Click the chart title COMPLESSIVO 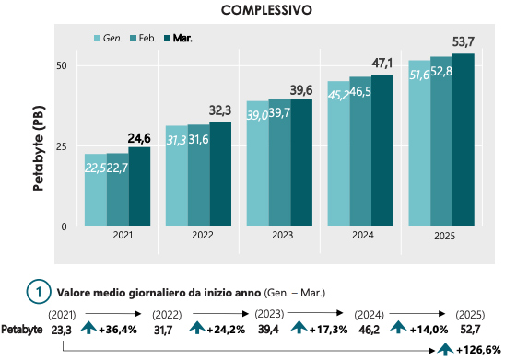pos(265,10)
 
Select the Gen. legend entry pos(112,39)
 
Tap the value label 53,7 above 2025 pos(464,42)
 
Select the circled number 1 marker pos(38,290)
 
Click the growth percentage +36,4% pos(117,328)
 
